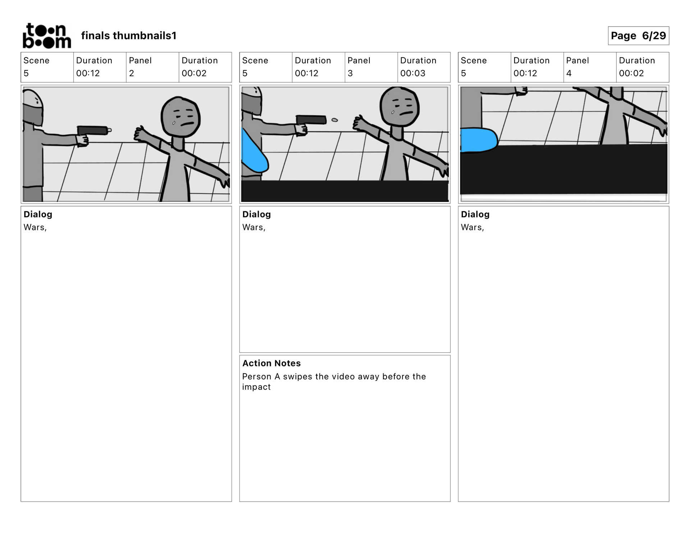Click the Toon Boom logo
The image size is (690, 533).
pyautogui.click(x=47, y=36)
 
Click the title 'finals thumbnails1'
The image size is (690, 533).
pyautogui.click(x=129, y=36)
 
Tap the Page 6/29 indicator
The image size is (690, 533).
pyautogui.click(x=638, y=36)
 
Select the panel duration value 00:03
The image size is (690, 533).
pyautogui.click(x=413, y=73)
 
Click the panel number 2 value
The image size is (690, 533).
pyautogui.click(x=132, y=73)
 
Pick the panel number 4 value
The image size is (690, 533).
pyautogui.click(x=569, y=73)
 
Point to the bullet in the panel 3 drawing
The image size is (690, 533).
pyautogui.click(x=335, y=120)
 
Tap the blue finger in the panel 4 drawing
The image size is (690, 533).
pyautogui.click(x=479, y=140)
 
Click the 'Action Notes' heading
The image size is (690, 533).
pyautogui.click(x=271, y=363)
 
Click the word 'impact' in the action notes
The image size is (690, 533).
pyautogui.click(x=256, y=387)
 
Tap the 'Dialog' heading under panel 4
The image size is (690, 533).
pyautogui.click(x=475, y=214)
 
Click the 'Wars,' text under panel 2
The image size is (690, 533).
pyautogui.click(x=35, y=227)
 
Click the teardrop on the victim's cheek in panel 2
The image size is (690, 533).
pyautogui.click(x=174, y=123)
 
